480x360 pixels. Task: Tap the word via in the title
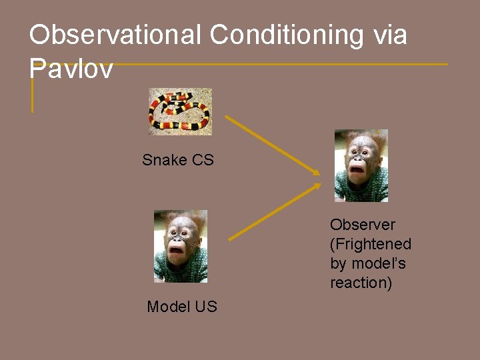tap(390, 35)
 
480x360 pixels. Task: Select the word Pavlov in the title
tap(71, 68)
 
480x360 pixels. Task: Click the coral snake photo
tap(179, 111)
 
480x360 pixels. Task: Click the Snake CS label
tap(178, 160)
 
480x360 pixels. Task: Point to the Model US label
tap(182, 307)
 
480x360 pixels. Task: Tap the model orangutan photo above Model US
tap(180, 246)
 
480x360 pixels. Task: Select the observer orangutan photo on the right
tap(361, 165)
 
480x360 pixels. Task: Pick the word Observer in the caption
tap(363, 225)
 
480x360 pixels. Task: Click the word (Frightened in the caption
tap(371, 244)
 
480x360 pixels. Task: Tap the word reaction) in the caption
tap(361, 283)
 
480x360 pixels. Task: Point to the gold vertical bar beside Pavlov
tap(32, 93)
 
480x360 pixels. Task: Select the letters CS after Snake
tap(203, 160)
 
